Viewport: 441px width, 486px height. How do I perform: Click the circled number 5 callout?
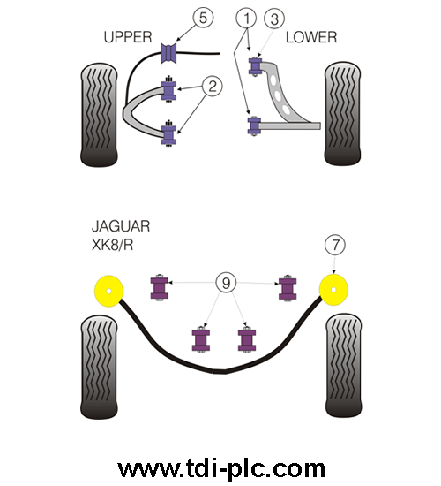[203, 18]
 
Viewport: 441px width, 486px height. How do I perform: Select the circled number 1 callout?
[246, 19]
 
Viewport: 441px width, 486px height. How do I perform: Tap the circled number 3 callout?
[274, 19]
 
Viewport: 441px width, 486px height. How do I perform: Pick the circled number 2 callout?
[213, 86]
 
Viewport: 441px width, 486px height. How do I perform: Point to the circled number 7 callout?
[335, 245]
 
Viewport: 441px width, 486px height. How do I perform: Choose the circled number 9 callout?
[226, 283]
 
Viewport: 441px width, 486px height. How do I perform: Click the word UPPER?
[128, 37]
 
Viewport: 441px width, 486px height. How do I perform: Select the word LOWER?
[311, 37]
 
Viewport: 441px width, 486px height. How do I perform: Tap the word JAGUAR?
[121, 226]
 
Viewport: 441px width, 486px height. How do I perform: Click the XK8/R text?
[112, 245]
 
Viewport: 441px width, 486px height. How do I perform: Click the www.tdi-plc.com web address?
[221, 468]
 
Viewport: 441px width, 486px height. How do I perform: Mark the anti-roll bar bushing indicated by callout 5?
[168, 53]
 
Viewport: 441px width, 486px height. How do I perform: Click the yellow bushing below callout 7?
[333, 290]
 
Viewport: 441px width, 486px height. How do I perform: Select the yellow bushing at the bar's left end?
[108, 291]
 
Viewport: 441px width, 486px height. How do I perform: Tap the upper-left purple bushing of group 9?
[160, 288]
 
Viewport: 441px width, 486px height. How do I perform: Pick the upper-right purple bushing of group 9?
[288, 288]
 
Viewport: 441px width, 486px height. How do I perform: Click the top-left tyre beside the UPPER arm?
[99, 115]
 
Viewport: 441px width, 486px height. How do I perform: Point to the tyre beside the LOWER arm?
[342, 113]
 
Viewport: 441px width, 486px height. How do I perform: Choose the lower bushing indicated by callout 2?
[168, 133]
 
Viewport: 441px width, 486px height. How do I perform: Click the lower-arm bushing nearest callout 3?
[255, 66]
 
